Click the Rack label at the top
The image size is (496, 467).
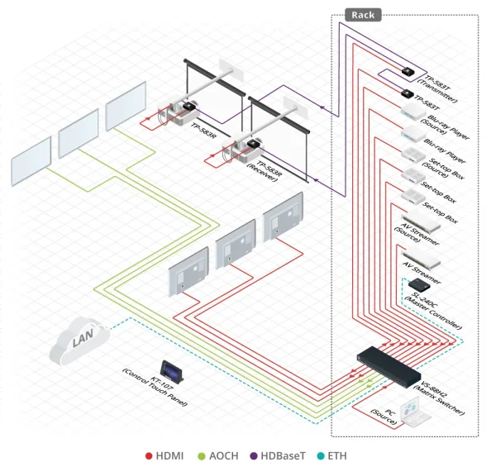[x=363, y=14]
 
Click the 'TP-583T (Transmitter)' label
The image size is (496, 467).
[x=436, y=77]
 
